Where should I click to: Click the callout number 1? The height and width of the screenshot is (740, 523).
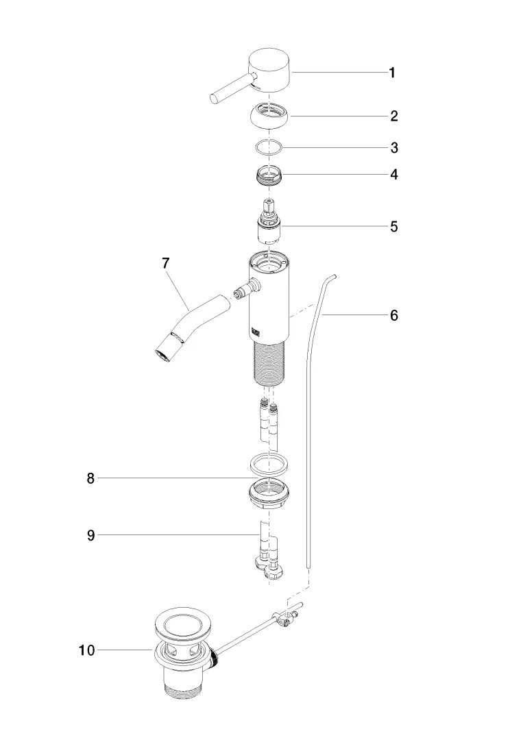(392, 73)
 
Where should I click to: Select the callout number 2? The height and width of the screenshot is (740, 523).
(394, 116)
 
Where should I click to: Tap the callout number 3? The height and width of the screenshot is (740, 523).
(394, 147)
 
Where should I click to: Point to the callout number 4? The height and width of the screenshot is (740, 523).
(394, 174)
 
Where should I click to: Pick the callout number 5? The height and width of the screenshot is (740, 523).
(394, 226)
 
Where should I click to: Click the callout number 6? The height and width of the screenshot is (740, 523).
(394, 315)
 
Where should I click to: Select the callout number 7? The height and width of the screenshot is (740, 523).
(165, 263)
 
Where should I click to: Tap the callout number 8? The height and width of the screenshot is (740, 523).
(90, 479)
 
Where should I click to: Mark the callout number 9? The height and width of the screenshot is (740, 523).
(90, 536)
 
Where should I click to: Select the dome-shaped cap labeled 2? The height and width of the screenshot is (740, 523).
(270, 117)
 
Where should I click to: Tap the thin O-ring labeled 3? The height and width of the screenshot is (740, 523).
(267, 147)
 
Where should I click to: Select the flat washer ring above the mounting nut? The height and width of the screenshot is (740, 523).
(268, 464)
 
